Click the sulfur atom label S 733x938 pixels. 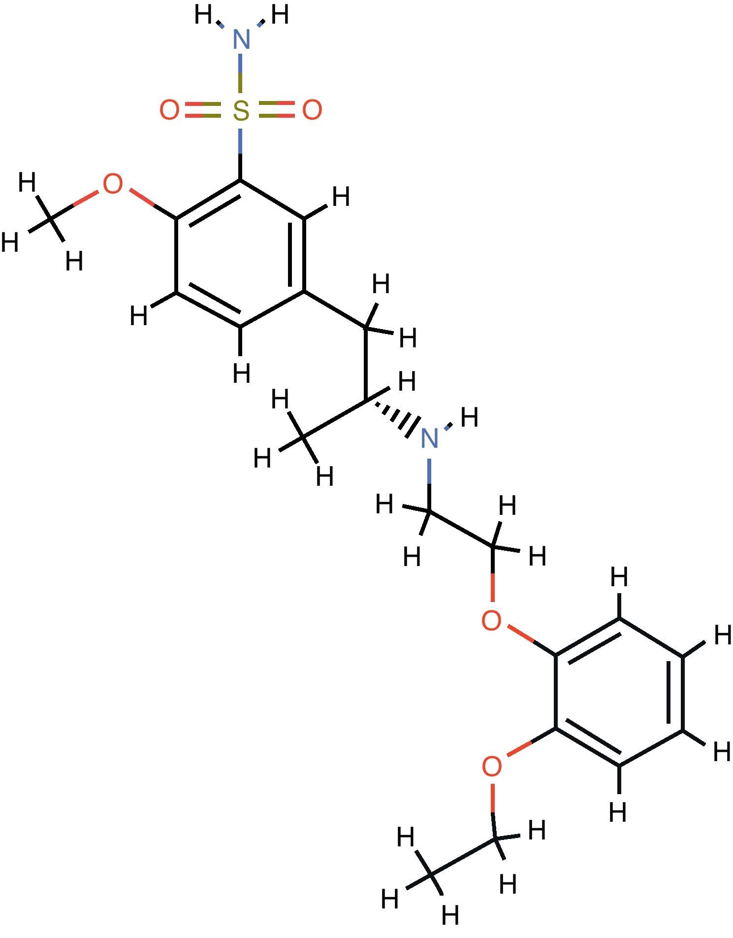[241, 110]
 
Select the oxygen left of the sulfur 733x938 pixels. [169, 110]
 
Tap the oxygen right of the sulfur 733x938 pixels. [312, 110]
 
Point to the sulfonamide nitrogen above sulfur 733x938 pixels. [241, 39]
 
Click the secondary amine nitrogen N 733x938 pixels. [430, 438]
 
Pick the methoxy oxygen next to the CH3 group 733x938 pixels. [113, 184]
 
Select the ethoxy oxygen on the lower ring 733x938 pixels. [492, 767]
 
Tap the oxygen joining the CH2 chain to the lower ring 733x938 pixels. [492, 620]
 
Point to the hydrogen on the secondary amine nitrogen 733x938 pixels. [469, 418]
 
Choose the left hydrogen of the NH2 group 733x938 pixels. [203, 15]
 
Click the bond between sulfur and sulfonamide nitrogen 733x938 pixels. [241, 74]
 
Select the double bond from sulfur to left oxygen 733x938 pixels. [203, 110]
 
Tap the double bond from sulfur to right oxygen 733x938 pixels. [277, 110]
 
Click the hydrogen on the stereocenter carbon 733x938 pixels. [407, 382]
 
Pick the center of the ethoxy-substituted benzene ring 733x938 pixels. [619, 692]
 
